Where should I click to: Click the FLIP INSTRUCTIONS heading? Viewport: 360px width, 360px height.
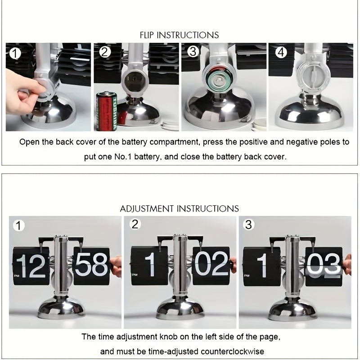coord(179,35)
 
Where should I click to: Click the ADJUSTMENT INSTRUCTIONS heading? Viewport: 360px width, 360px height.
coord(179,209)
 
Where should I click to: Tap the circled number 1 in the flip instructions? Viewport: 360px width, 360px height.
coord(16,54)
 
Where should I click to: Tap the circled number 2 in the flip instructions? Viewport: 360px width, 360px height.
coord(105,52)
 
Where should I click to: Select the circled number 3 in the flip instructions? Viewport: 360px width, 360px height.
coord(193,52)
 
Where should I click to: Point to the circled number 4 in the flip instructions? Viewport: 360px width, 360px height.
coord(281,52)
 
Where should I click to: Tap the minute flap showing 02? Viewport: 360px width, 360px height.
coord(211,265)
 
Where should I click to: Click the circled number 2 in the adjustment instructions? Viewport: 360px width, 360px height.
coord(135,224)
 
